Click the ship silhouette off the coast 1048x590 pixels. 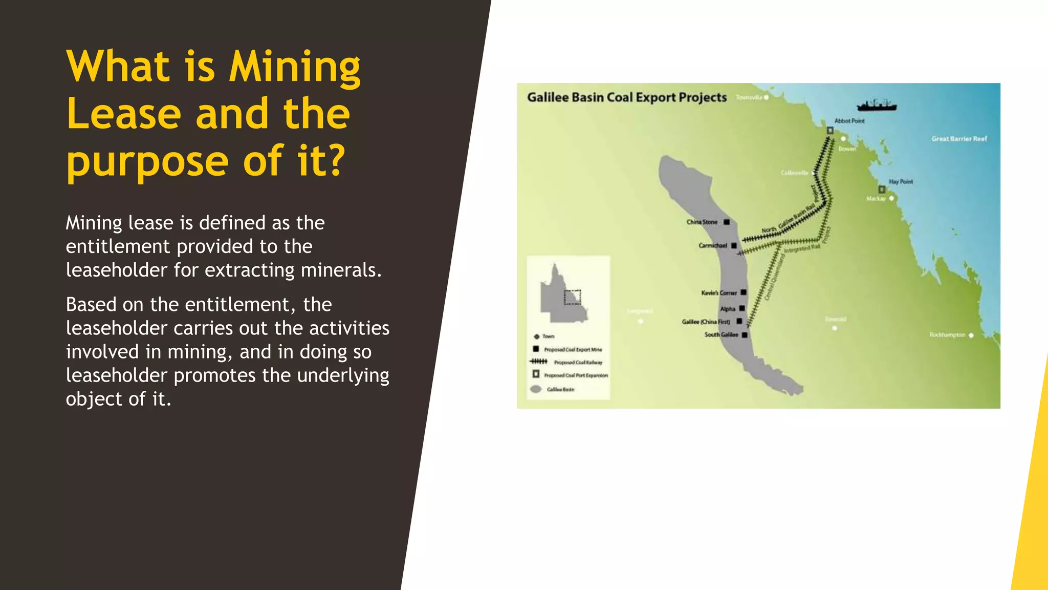click(877, 106)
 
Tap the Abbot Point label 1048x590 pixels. click(849, 121)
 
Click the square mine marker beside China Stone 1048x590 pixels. click(727, 222)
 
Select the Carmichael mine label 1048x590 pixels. click(713, 246)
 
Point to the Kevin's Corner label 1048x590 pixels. click(719, 293)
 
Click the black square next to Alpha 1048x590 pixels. click(742, 308)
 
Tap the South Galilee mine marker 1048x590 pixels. click(745, 335)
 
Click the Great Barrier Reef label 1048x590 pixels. click(959, 139)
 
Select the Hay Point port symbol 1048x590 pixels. click(882, 189)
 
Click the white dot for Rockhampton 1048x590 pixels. click(971, 335)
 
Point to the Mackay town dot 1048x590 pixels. click(892, 198)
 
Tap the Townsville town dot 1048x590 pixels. click(766, 97)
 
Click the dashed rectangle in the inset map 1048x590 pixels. click(573, 297)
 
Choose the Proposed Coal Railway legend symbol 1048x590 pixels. click(539, 362)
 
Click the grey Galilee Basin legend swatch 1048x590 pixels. click(536, 389)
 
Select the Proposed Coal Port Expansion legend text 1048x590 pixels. click(576, 375)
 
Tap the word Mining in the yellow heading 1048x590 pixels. click(295, 67)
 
